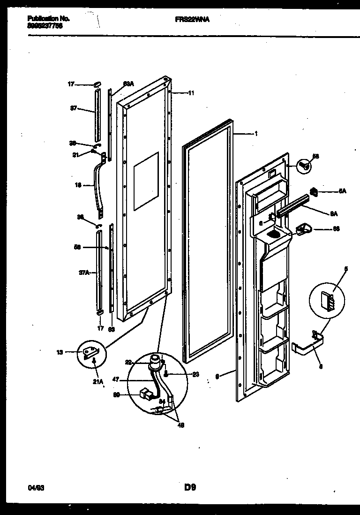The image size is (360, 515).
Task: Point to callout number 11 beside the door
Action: (191, 93)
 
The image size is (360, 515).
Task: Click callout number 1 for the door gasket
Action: (255, 134)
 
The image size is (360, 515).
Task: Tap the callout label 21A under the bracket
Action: (97, 382)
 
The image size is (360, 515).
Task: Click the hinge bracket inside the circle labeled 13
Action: (90, 352)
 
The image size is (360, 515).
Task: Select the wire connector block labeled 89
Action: (146, 395)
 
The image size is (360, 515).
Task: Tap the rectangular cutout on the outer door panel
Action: (146, 181)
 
